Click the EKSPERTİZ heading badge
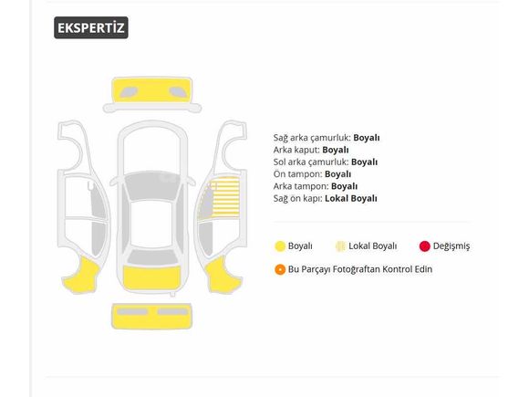coord(91,27)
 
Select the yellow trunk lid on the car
coord(151,277)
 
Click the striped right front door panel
coord(225,197)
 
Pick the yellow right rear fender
coord(223,275)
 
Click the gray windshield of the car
coord(152,186)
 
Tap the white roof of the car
coord(151,225)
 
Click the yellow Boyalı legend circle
coord(280,246)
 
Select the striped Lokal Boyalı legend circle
coord(341,246)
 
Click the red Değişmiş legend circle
coord(425,246)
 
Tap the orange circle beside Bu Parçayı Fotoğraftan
coord(280,269)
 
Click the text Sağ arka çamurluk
coord(312,138)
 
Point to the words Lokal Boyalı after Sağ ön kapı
coord(351,199)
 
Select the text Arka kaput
coord(296,150)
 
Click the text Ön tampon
coord(298,174)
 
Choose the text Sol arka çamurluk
coord(311,162)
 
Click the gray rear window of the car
coord(152,257)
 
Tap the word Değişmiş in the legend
coord(451,246)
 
